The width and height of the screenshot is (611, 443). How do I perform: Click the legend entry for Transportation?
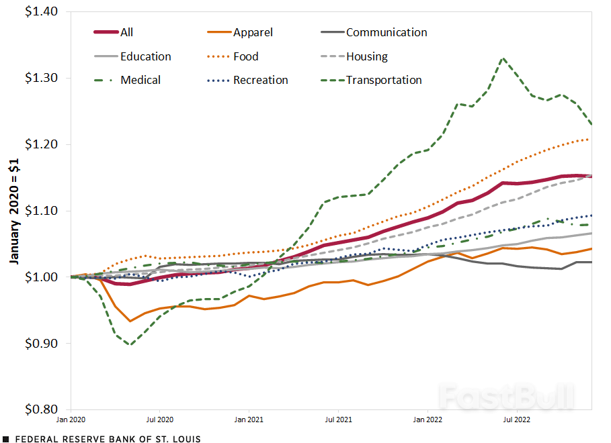click(x=384, y=80)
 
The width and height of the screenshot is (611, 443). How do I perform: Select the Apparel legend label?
click(x=253, y=32)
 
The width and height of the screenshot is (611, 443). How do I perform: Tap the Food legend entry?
click(x=246, y=56)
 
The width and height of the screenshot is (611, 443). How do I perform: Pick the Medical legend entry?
click(x=140, y=80)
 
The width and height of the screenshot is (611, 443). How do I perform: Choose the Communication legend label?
click(x=386, y=32)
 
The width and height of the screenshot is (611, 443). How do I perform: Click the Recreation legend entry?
click(x=261, y=80)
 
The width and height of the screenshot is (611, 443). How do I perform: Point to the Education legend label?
click(x=146, y=56)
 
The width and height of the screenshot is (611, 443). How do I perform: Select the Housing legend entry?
click(x=367, y=56)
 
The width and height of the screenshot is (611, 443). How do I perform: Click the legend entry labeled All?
click(x=127, y=32)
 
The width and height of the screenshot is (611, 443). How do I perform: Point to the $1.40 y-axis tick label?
click(x=41, y=12)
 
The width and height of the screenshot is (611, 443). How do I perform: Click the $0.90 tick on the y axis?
click(x=41, y=343)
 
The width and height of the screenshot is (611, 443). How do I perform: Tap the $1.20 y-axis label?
click(x=41, y=144)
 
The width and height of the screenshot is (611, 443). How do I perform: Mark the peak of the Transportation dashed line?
click(x=502, y=58)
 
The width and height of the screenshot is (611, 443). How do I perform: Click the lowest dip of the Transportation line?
click(x=130, y=344)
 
